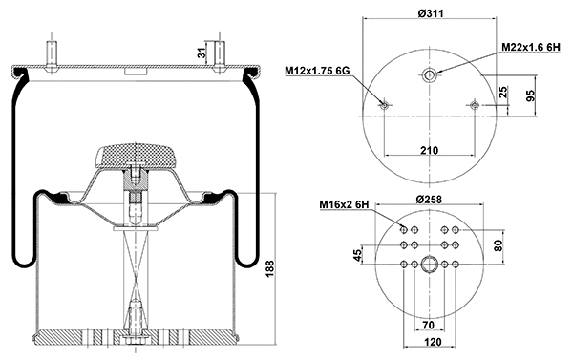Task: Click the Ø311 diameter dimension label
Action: [x=430, y=11]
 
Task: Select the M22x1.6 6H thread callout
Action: [x=534, y=47]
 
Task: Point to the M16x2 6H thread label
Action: [x=342, y=204]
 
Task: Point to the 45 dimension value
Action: [x=358, y=254]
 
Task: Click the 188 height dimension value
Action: [x=269, y=268]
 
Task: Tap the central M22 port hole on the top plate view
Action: [x=430, y=75]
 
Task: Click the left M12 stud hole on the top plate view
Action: [x=383, y=105]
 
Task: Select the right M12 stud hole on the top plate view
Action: [x=476, y=105]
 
